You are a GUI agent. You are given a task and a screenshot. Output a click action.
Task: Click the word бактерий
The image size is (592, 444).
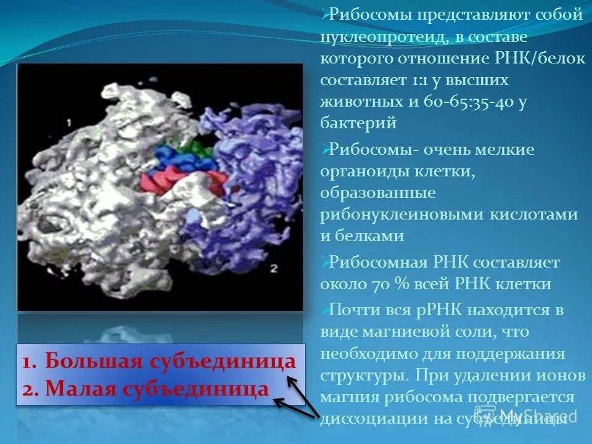click(358, 123)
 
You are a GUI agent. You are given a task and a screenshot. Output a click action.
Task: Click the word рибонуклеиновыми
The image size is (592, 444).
click(402, 215)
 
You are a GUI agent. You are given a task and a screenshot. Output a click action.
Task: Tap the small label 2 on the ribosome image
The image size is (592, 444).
click(275, 268)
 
